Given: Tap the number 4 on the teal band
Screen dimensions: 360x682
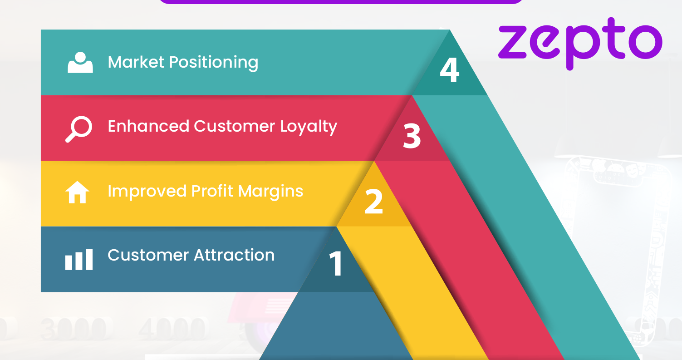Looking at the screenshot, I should tap(449, 70).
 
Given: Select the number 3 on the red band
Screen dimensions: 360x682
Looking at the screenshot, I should tap(412, 136).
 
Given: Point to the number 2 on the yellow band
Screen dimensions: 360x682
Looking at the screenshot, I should tap(374, 202).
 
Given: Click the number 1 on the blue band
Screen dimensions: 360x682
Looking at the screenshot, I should tap(336, 263).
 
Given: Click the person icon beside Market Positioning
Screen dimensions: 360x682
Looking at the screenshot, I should tap(80, 63).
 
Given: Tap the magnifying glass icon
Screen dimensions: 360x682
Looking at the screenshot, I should tap(79, 128).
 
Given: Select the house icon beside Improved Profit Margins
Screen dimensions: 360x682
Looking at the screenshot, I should tap(78, 192).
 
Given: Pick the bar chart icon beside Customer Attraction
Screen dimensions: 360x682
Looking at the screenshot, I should tap(79, 259).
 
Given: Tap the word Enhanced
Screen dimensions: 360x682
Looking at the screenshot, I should tap(148, 126).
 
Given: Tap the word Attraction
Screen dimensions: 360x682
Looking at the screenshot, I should tap(234, 255).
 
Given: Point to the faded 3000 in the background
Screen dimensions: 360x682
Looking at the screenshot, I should tap(75, 328).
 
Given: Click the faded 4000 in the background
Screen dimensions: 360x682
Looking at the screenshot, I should tap(172, 328).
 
